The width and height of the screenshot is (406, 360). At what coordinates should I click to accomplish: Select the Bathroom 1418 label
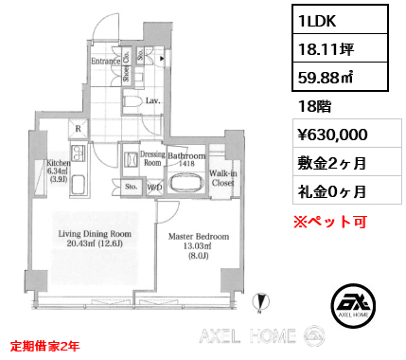pyautogui.click(x=185, y=158)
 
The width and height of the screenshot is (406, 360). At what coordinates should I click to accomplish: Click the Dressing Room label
pyautogui.click(x=152, y=158)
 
